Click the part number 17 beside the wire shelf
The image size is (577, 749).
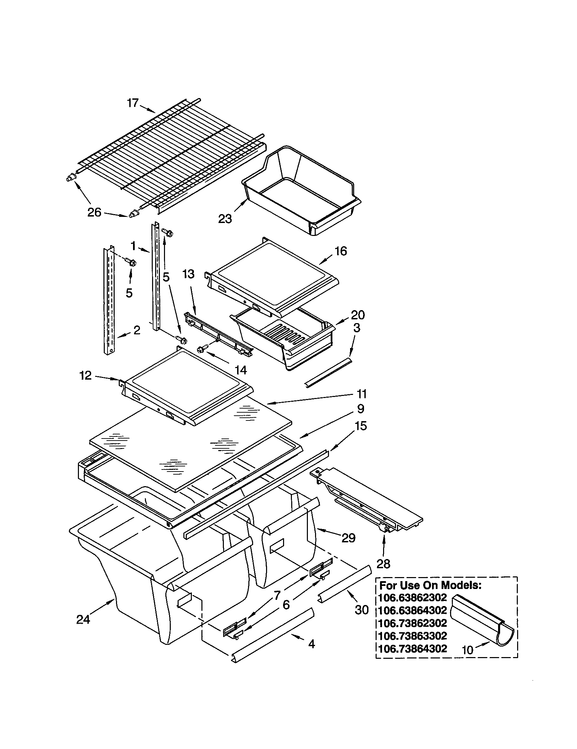pyautogui.click(x=133, y=102)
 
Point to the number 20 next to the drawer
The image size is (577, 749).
pyautogui.click(x=358, y=315)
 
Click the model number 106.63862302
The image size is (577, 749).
pyautogui.click(x=413, y=597)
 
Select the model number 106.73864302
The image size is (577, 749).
pyautogui.click(x=413, y=649)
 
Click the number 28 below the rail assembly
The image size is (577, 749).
pyautogui.click(x=383, y=564)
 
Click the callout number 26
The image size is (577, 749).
pyautogui.click(x=94, y=213)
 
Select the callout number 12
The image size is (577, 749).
pyautogui.click(x=86, y=376)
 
